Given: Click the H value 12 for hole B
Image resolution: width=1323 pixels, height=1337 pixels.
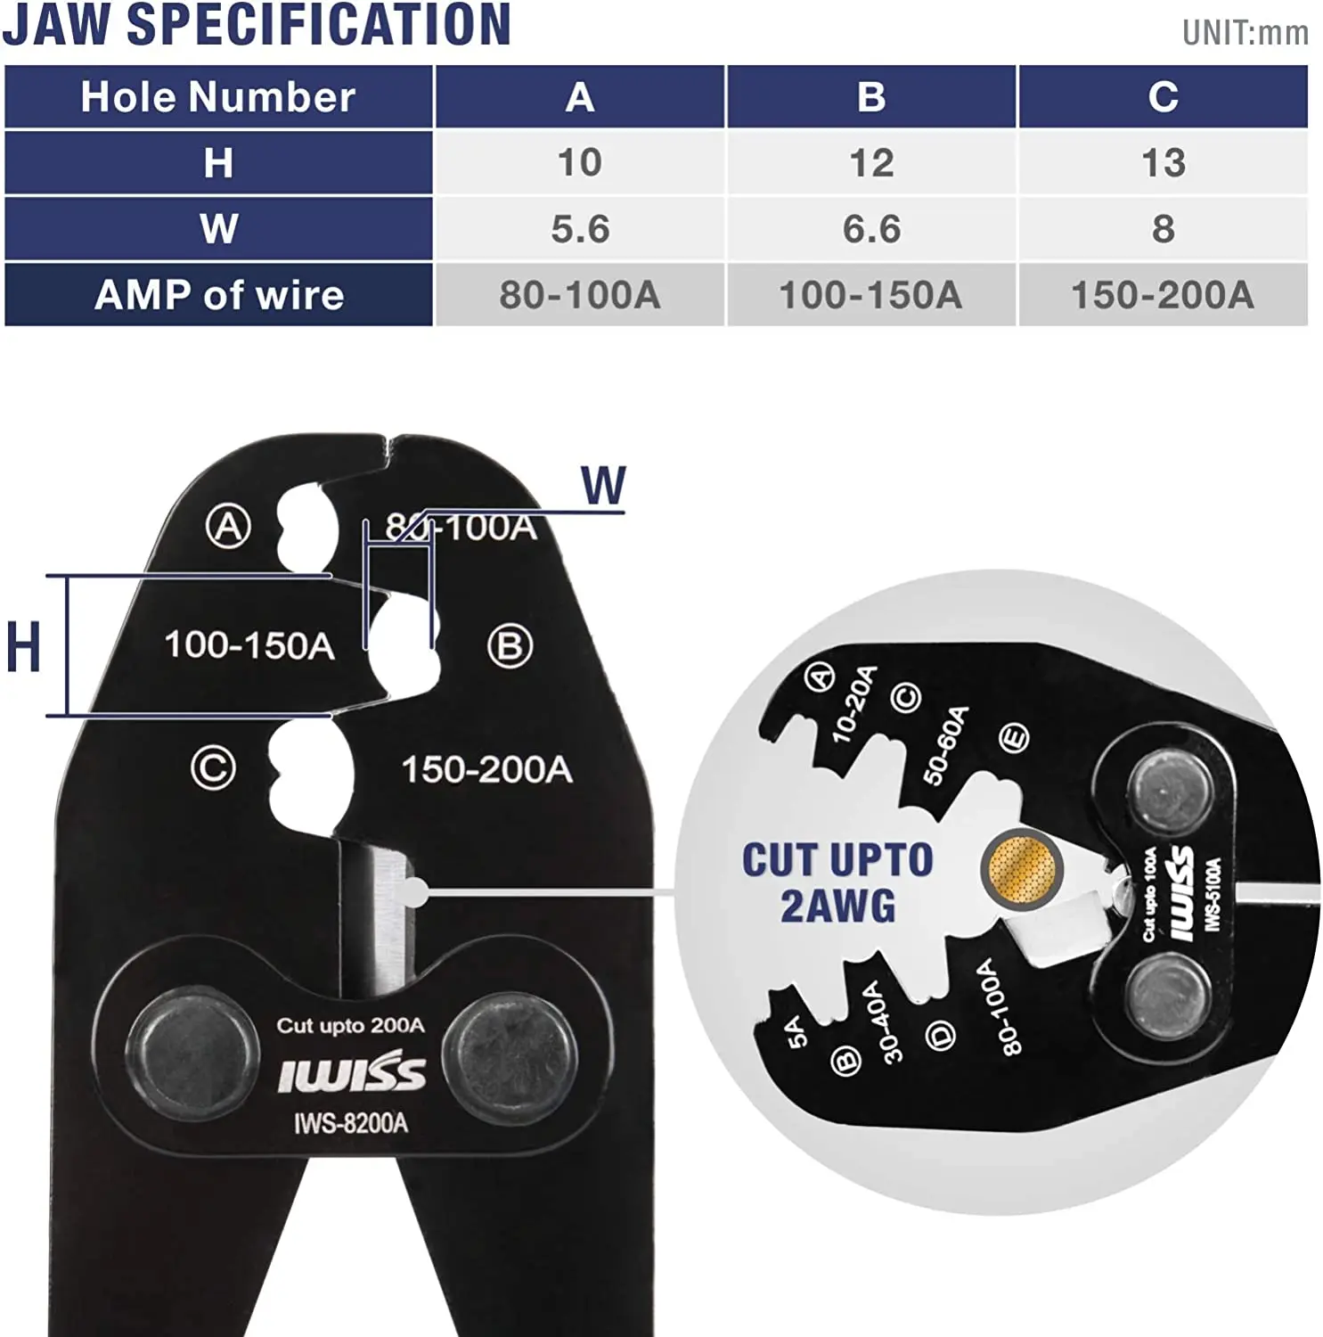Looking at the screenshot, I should click(870, 163).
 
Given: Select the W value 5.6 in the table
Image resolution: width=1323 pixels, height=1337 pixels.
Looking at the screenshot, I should click(579, 229).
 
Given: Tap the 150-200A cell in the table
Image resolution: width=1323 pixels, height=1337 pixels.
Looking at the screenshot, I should click(1162, 295).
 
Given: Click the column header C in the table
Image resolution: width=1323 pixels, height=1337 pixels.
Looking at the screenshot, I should click(1163, 96).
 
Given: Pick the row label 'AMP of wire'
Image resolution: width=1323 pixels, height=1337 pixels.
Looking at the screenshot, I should click(219, 295).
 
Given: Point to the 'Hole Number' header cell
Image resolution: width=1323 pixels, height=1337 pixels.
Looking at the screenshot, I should click(218, 96).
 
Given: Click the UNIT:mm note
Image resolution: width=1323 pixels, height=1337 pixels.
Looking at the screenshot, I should click(1245, 33).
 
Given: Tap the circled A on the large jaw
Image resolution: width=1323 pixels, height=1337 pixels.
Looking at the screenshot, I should click(228, 526).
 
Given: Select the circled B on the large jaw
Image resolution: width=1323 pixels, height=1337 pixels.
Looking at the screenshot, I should click(510, 646).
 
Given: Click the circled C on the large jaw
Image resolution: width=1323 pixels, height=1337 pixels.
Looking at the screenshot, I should click(214, 768).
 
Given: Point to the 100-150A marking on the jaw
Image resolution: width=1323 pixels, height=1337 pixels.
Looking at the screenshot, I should click(249, 644).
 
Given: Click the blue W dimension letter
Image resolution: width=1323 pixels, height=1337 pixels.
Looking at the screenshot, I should click(603, 486).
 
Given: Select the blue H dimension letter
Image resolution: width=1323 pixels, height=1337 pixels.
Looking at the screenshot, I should click(23, 647).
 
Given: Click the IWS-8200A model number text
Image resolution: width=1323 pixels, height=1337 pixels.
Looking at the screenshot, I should click(351, 1123).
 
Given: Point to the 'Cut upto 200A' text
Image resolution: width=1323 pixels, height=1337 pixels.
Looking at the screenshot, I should click(350, 1025).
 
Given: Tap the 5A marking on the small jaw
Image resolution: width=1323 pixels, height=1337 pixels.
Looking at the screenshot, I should click(796, 1031).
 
